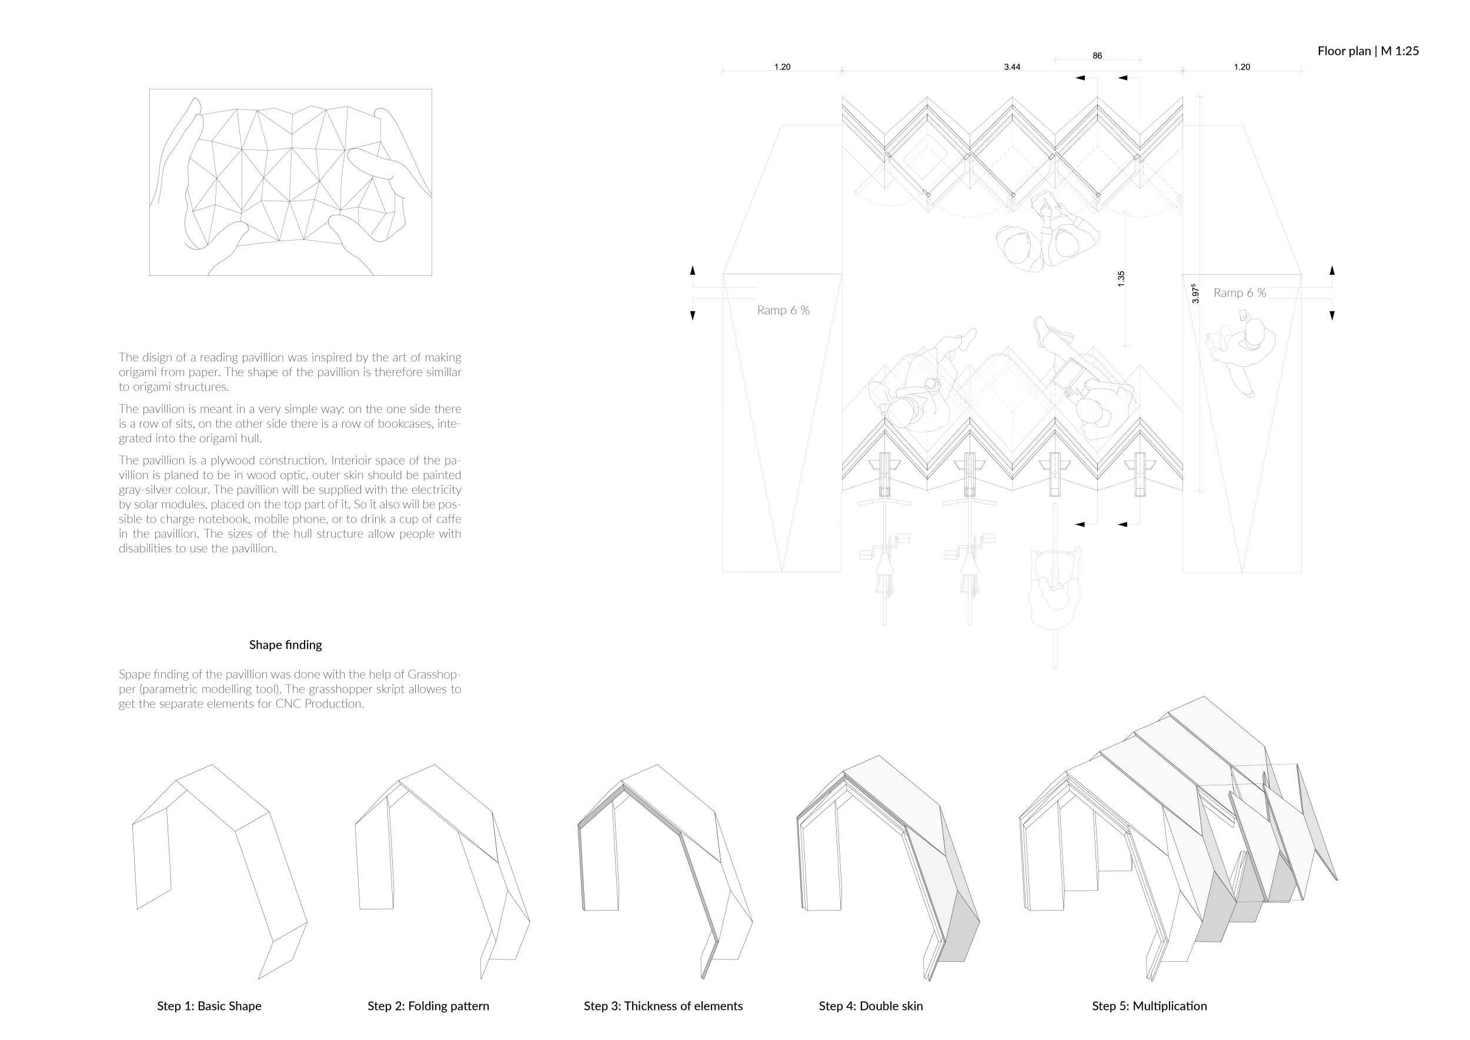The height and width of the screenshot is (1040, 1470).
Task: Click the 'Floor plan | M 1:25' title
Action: point(1368,51)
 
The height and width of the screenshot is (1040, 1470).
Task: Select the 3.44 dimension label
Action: point(1011,67)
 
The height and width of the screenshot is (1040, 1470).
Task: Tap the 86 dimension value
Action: point(1097,56)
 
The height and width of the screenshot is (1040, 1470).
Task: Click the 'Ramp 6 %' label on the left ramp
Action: point(783,311)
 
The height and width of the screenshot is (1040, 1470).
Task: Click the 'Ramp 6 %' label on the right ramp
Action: point(1240,294)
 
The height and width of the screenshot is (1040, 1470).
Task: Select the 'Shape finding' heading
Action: point(286,645)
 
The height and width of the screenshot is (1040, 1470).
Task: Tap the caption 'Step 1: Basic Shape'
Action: point(209,1006)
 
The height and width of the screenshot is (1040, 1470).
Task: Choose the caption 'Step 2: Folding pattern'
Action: point(428,1006)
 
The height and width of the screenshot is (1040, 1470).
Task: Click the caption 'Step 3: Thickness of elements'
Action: point(663,1006)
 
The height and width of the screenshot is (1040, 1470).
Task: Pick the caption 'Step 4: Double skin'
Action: point(871,1006)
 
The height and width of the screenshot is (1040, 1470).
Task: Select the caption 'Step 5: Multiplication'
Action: point(1149,1006)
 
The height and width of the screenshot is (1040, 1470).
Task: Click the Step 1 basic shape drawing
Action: point(218,865)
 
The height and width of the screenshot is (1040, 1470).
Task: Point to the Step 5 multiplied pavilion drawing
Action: point(1178,845)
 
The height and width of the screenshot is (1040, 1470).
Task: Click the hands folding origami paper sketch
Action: point(290,182)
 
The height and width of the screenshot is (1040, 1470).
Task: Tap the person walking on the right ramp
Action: point(1242,352)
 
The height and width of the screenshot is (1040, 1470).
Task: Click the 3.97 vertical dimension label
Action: point(1195,294)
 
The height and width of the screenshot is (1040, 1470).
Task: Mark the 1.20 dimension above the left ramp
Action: point(781,67)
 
